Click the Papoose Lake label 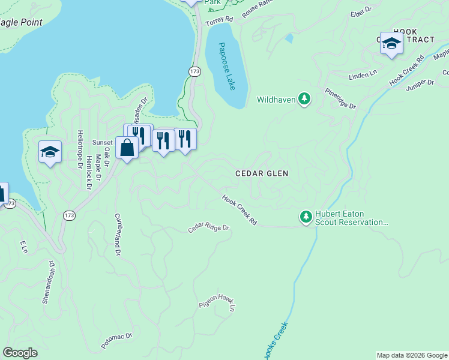[x=226, y=66]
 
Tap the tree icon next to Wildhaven [x=304, y=99]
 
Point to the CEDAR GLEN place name [x=262, y=173]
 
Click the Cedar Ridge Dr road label [x=209, y=228]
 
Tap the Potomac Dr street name [x=116, y=340]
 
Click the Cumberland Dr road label [x=118, y=235]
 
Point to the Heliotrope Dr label [x=79, y=150]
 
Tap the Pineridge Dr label [x=340, y=99]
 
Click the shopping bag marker [x=127, y=148]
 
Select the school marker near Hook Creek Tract [x=391, y=44]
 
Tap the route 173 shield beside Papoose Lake [x=194, y=71]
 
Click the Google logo [x=20, y=352]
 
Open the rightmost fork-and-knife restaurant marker [x=185, y=139]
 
